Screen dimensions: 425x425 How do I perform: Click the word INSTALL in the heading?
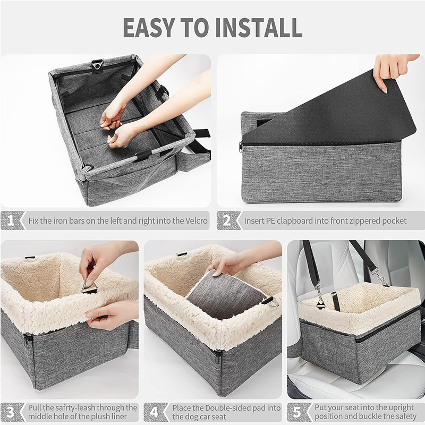click(x=259, y=28)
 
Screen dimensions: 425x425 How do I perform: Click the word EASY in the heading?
click(x=148, y=28)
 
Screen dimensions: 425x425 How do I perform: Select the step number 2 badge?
click(x=228, y=220)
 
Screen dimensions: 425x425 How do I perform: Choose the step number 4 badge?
click(x=155, y=412)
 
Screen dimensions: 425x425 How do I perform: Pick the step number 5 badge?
click(x=298, y=412)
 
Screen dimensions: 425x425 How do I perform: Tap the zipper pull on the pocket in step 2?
click(x=241, y=147)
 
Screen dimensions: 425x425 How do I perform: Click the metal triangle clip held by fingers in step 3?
click(x=90, y=288)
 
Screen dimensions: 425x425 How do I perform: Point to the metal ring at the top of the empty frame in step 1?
click(x=97, y=65)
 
